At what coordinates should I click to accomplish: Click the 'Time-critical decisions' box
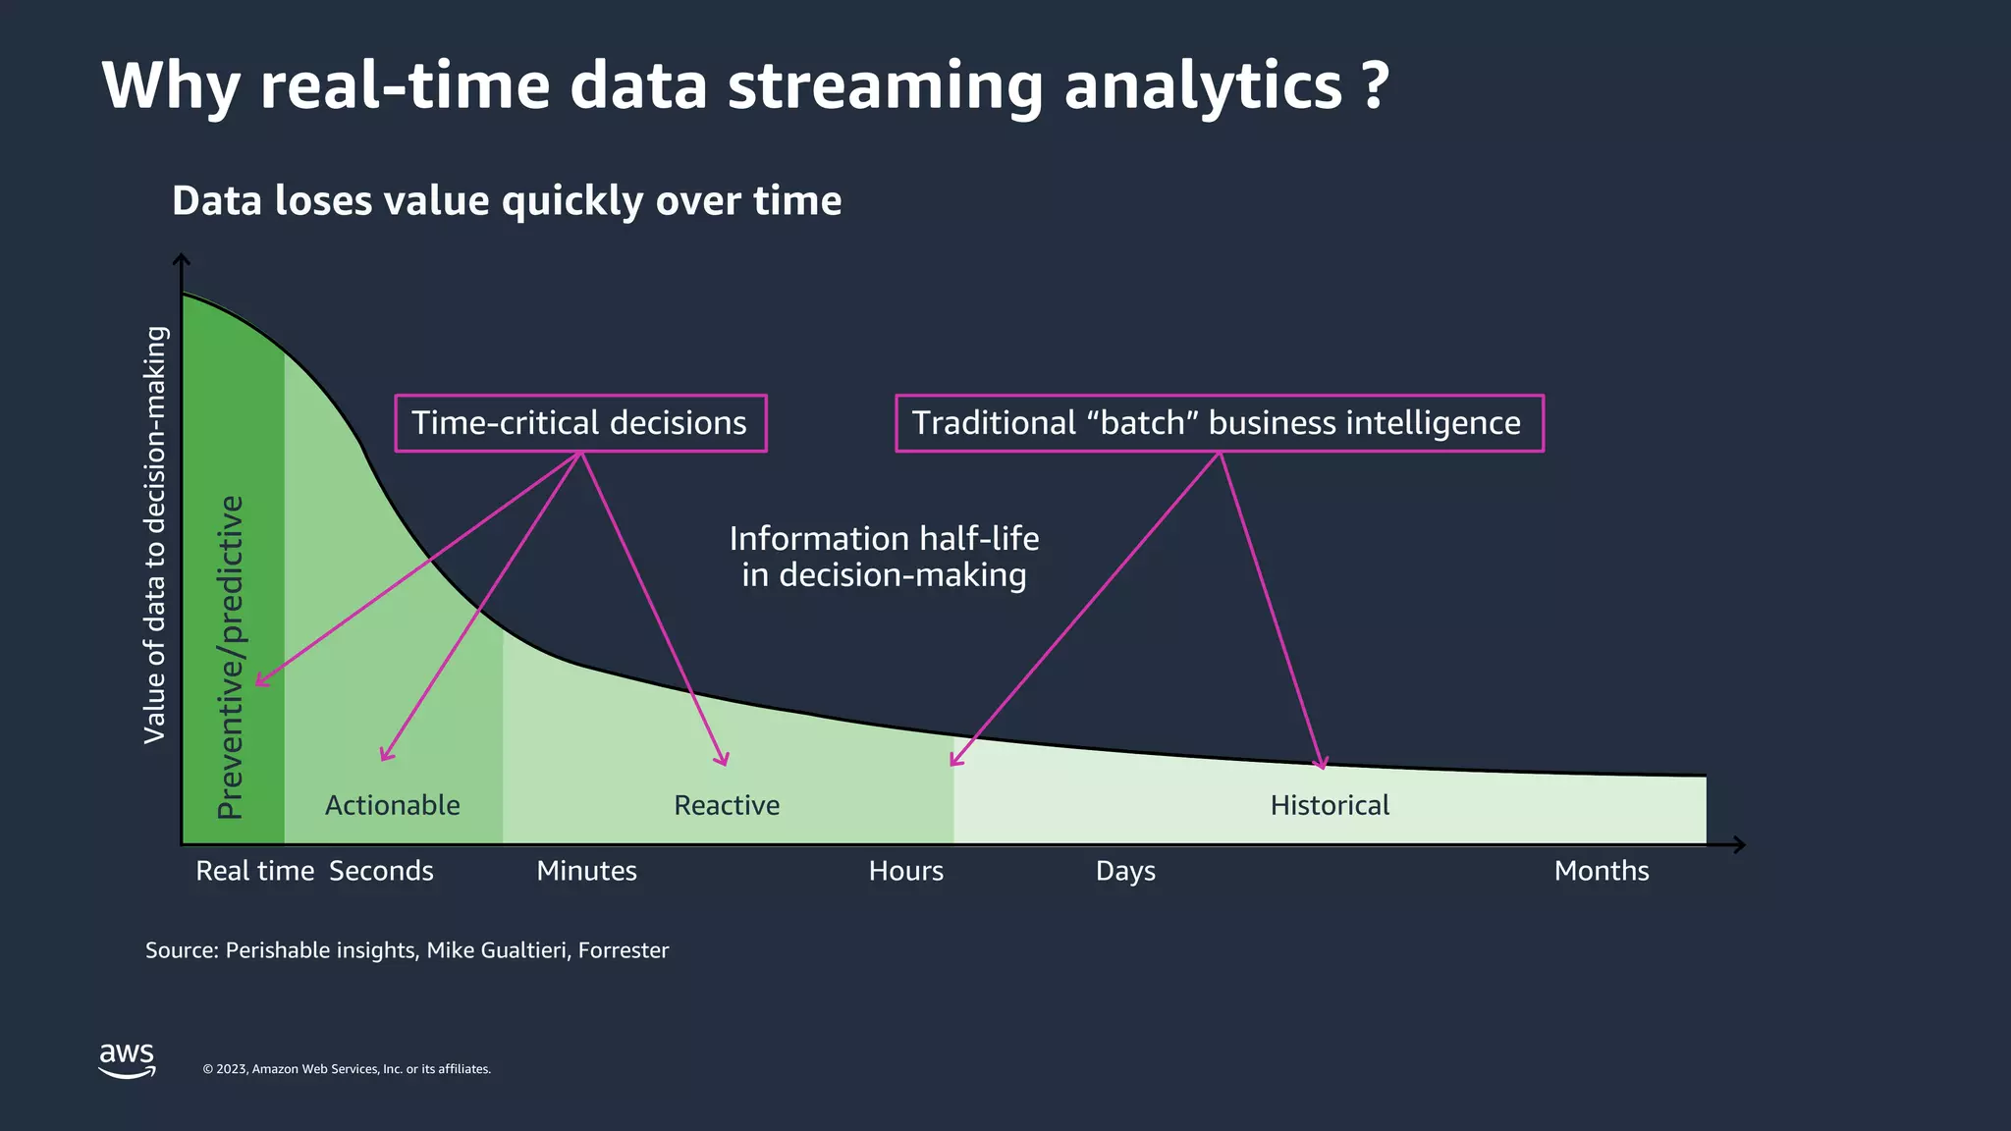pyautogui.click(x=579, y=423)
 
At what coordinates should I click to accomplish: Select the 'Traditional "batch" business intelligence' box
pyautogui.click(x=1218, y=423)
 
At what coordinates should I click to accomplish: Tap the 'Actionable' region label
pyautogui.click(x=392, y=805)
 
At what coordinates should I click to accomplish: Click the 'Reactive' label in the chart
pyautogui.click(x=727, y=805)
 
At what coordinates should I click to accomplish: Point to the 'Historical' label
pyautogui.click(x=1330, y=805)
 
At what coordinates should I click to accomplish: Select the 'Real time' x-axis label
pyautogui.click(x=254, y=871)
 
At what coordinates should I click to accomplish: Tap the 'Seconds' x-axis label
pyautogui.click(x=381, y=871)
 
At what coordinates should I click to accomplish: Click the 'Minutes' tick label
pyautogui.click(x=586, y=871)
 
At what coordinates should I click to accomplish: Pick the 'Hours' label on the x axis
pyautogui.click(x=905, y=871)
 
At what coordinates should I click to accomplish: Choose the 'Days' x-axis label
pyautogui.click(x=1125, y=871)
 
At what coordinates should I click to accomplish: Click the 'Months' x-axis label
pyautogui.click(x=1601, y=871)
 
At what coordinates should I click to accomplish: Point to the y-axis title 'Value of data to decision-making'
pyautogui.click(x=155, y=535)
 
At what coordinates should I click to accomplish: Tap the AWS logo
pyautogui.click(x=127, y=1059)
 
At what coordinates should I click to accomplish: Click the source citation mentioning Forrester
pyautogui.click(x=407, y=950)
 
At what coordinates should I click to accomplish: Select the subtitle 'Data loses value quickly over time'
pyautogui.click(x=507, y=201)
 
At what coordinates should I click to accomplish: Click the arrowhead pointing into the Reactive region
pyautogui.click(x=724, y=761)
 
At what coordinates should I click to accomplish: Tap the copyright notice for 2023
pyautogui.click(x=346, y=1069)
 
